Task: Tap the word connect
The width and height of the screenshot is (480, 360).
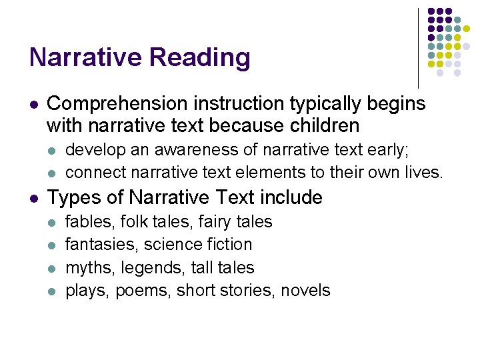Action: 92,172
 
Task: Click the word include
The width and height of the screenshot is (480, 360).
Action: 291,198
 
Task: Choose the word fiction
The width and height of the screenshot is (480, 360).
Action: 229,245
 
